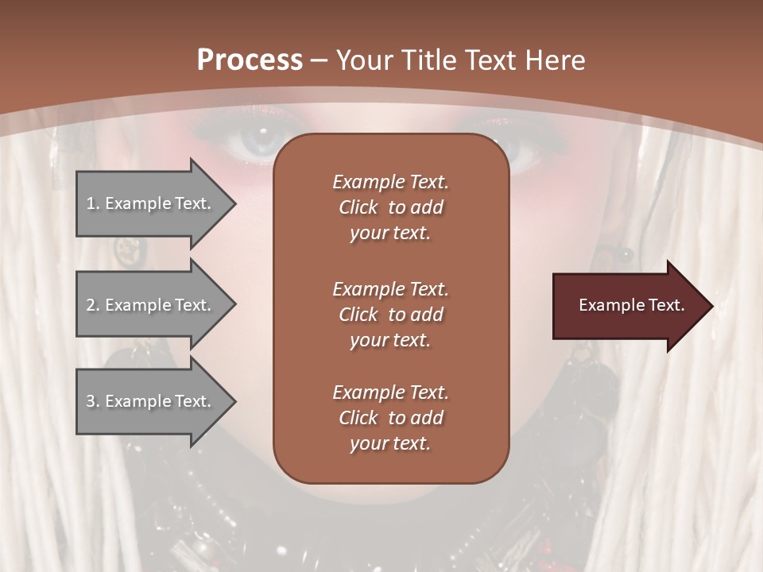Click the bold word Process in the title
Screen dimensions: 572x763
pos(250,60)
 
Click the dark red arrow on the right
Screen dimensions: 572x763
pos(628,305)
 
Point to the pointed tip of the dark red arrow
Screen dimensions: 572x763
pos(711,306)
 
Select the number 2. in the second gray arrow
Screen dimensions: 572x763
pos(92,305)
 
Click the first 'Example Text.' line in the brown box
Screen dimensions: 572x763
pos(390,182)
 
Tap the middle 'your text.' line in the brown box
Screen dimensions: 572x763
pos(390,340)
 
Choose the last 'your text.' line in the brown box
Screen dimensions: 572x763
pos(390,444)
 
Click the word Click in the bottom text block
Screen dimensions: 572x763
pos(358,418)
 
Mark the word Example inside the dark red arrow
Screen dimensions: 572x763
pos(605,305)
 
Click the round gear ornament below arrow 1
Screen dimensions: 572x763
pos(129,249)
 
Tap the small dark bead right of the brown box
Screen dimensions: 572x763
pos(626,254)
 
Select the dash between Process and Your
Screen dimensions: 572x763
pos(320,60)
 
